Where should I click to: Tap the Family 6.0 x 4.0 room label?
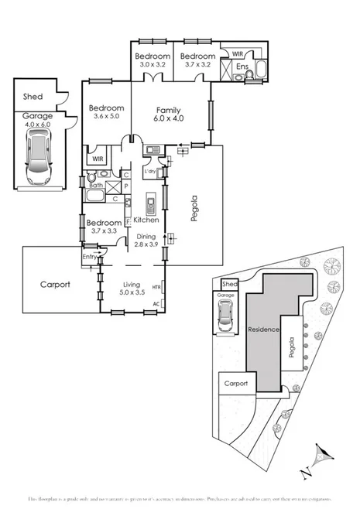tap(168, 115)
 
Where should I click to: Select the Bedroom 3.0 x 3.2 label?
tap(152, 60)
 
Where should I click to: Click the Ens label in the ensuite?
tap(242, 67)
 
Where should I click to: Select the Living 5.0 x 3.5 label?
tap(131, 289)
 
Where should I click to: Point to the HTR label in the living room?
tap(156, 288)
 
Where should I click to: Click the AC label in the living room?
tap(156, 303)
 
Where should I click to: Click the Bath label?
tap(95, 186)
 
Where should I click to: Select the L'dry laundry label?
tap(150, 172)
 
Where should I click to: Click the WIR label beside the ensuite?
tap(237, 54)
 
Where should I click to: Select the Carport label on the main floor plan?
tap(55, 285)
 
